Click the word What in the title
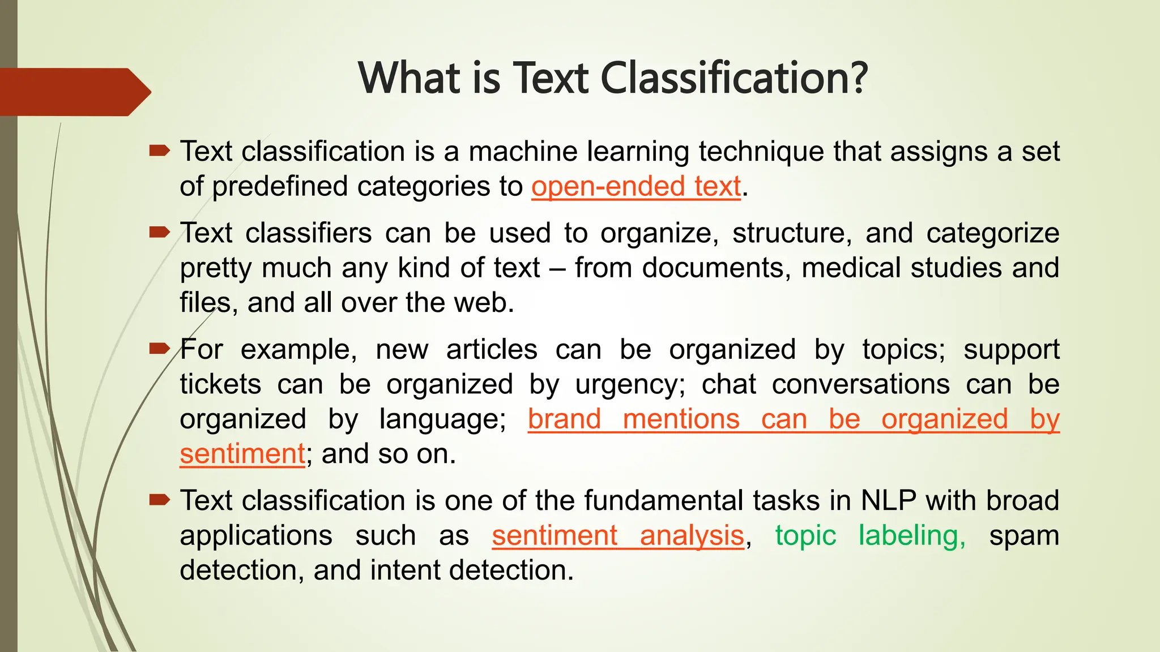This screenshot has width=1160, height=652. click(x=410, y=78)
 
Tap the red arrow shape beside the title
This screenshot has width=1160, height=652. click(x=74, y=92)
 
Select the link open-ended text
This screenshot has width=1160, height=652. click(x=636, y=187)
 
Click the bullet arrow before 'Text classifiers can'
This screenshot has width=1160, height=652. click(x=159, y=232)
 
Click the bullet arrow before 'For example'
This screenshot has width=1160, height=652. click(x=159, y=349)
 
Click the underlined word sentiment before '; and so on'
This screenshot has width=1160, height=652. click(x=242, y=454)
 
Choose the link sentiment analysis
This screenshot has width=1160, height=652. click(x=617, y=536)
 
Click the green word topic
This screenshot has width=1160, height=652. click(x=805, y=536)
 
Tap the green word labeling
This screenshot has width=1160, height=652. click(x=911, y=536)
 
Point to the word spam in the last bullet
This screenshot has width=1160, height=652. click(x=1024, y=536)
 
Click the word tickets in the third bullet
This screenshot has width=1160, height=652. click(x=220, y=385)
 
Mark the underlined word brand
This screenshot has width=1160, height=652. click(x=564, y=419)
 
